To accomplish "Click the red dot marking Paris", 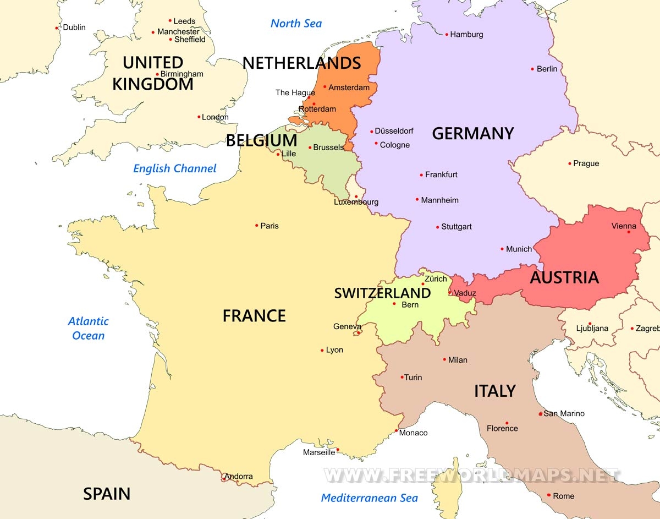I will (257, 225).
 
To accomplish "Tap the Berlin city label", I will (547, 69).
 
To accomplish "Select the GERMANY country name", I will (472, 133).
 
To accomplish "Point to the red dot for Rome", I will (549, 495).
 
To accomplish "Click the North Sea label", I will (296, 23).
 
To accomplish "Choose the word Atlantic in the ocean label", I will (88, 321).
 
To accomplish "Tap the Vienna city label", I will (624, 226).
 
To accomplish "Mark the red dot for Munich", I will (502, 249).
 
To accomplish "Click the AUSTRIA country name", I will (564, 277).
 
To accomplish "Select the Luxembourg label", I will (356, 202).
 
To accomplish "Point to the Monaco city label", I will (413, 433).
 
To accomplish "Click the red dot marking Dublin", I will (57, 28).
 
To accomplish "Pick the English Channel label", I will (175, 168).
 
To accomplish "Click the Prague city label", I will (586, 163).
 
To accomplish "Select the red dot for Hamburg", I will (447, 34).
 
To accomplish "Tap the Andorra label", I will (239, 476).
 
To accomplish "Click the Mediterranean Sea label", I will (369, 498).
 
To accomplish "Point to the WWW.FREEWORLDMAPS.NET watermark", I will (471, 475).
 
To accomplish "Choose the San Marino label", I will (564, 413).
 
